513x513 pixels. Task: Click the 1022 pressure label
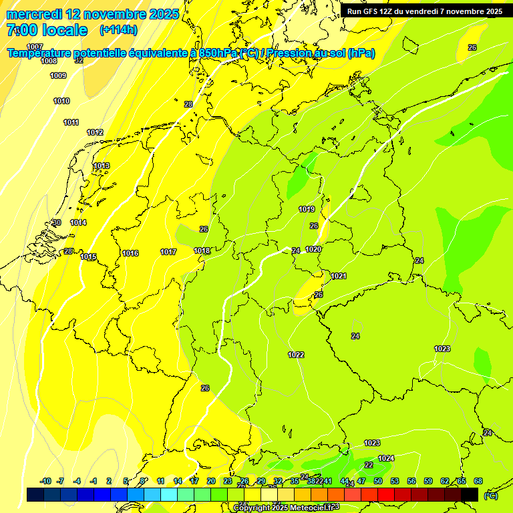(x=296, y=355)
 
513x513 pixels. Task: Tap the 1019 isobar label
(x=307, y=209)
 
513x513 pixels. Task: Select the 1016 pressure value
(x=130, y=253)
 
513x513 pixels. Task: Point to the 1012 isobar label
(x=95, y=132)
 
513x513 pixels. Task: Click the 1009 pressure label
(x=58, y=75)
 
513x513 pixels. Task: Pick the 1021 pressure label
(x=339, y=276)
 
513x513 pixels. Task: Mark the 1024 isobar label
(x=386, y=458)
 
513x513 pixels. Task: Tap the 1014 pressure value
(x=78, y=222)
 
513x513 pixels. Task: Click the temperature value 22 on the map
(x=369, y=465)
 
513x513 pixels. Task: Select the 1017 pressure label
(x=168, y=252)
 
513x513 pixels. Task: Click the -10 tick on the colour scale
(x=45, y=481)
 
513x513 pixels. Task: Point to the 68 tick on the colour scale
(x=478, y=481)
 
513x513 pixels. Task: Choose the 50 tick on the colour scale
(x=378, y=481)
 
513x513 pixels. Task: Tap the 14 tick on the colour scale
(x=178, y=481)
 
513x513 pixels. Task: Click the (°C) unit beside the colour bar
(x=490, y=495)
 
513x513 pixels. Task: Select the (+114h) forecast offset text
(x=118, y=29)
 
